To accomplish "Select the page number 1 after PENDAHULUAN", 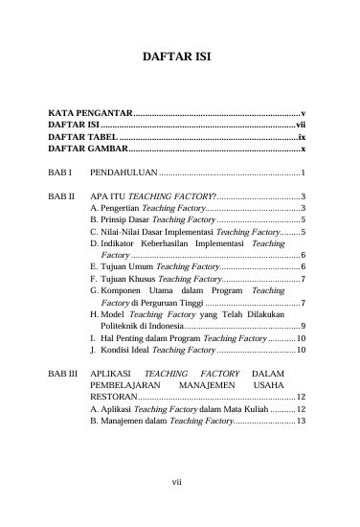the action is pyautogui.click(x=303, y=173).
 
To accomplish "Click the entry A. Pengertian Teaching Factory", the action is pyautogui.click(x=146, y=207).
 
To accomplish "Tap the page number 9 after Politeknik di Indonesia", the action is pyautogui.click(x=303, y=326).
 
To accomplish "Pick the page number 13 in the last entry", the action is pyautogui.click(x=300, y=420).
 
